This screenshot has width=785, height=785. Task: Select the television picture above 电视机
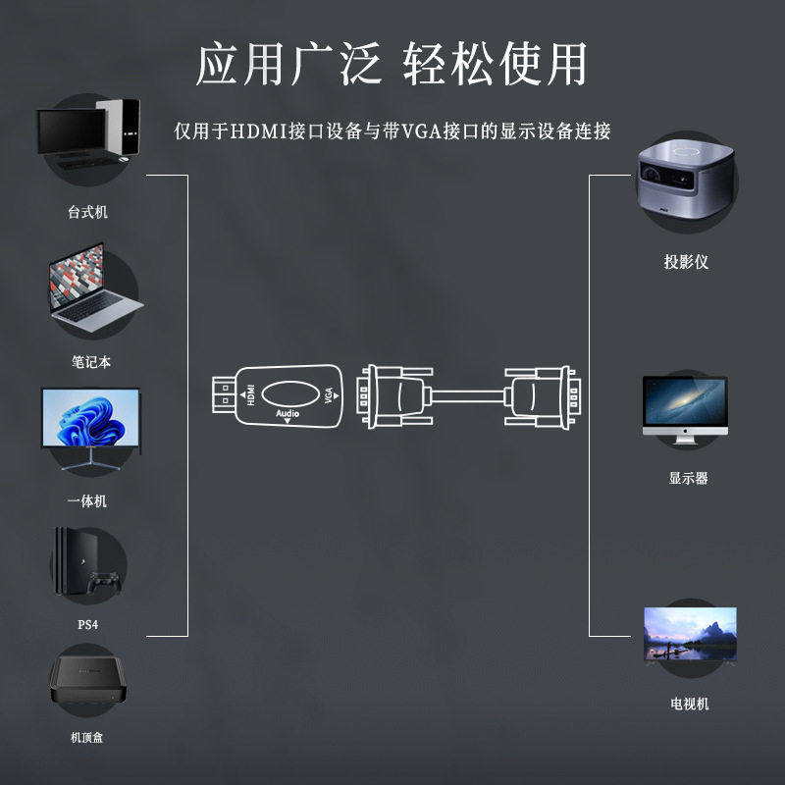click(689, 634)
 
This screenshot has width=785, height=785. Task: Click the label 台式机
click(87, 212)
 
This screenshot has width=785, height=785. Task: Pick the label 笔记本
click(90, 361)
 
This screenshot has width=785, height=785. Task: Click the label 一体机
click(87, 501)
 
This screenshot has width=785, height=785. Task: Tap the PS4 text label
click(87, 625)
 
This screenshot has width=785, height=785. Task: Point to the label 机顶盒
click(87, 737)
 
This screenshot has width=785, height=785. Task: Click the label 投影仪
click(686, 262)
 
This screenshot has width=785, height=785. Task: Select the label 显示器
click(688, 479)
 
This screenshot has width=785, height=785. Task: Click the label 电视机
click(689, 704)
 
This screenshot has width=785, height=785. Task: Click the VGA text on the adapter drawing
click(329, 396)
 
